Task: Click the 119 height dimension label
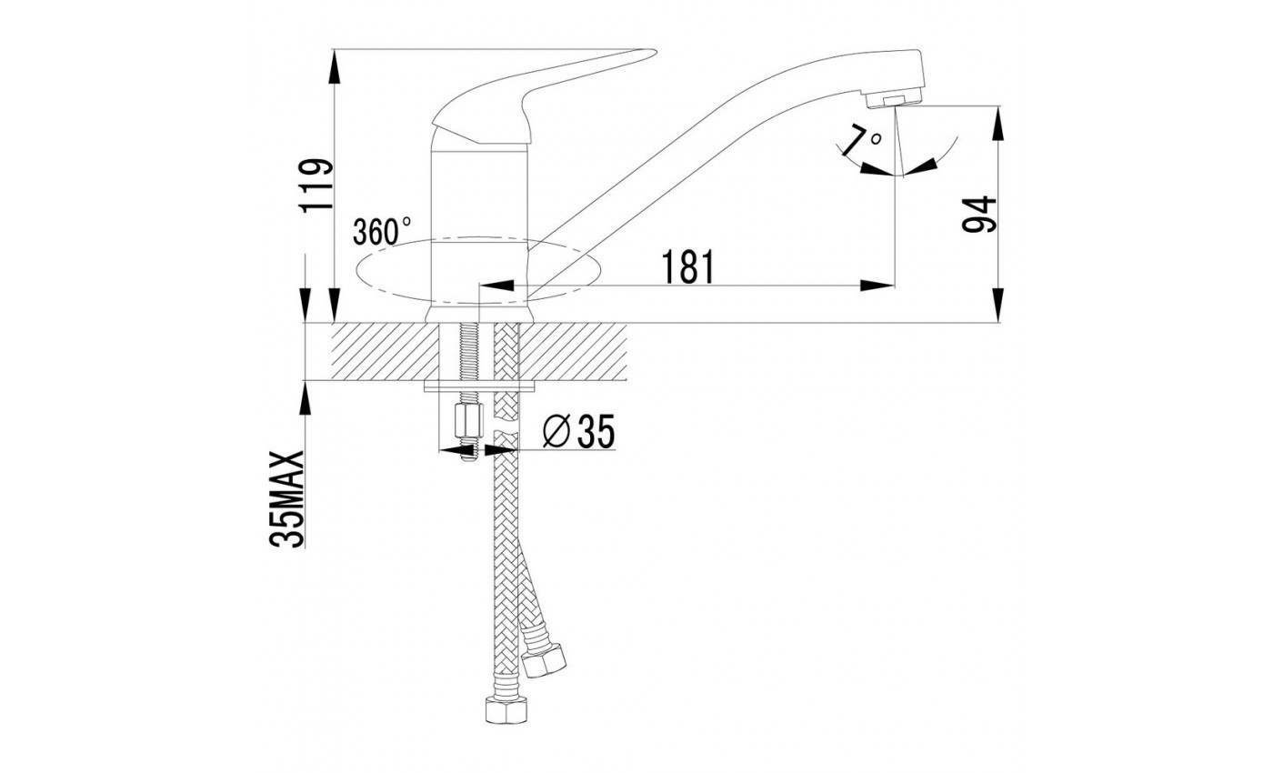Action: (x=316, y=186)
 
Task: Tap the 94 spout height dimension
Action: (x=978, y=215)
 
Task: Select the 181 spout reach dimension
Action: (x=687, y=266)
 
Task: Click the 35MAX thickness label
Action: (x=286, y=499)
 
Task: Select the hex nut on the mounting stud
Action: (x=469, y=420)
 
